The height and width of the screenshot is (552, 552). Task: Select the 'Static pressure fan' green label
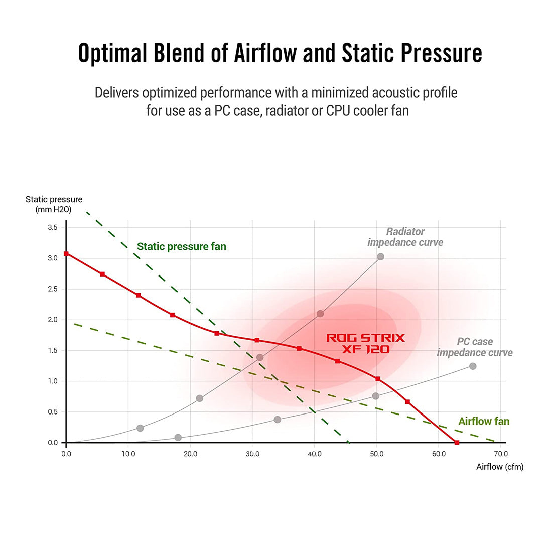coord(182,246)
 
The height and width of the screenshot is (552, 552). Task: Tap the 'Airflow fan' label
coord(484,421)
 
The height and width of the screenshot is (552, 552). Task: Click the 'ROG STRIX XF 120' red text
coord(365,343)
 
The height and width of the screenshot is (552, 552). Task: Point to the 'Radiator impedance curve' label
coord(405,237)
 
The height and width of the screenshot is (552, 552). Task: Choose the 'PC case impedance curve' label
coord(475,347)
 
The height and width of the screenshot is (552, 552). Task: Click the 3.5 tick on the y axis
coord(53,227)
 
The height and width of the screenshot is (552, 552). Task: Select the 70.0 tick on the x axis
coord(500,454)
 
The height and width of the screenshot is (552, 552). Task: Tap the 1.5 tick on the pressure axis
coord(53,350)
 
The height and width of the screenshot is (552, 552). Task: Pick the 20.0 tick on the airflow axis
coord(190,454)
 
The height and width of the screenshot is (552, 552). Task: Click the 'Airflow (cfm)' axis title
coord(499,467)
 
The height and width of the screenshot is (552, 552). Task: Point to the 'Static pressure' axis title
coord(54,199)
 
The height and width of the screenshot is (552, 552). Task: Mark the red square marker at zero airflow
coord(66,254)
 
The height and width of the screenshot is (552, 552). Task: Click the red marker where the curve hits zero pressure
coord(457,442)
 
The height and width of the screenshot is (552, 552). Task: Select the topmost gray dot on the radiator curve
coord(380,257)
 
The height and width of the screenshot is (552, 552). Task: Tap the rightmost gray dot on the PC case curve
coord(473,366)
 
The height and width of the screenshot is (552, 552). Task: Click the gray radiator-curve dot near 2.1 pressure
coord(320,314)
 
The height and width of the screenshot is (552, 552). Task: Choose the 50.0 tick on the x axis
coord(376,454)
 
